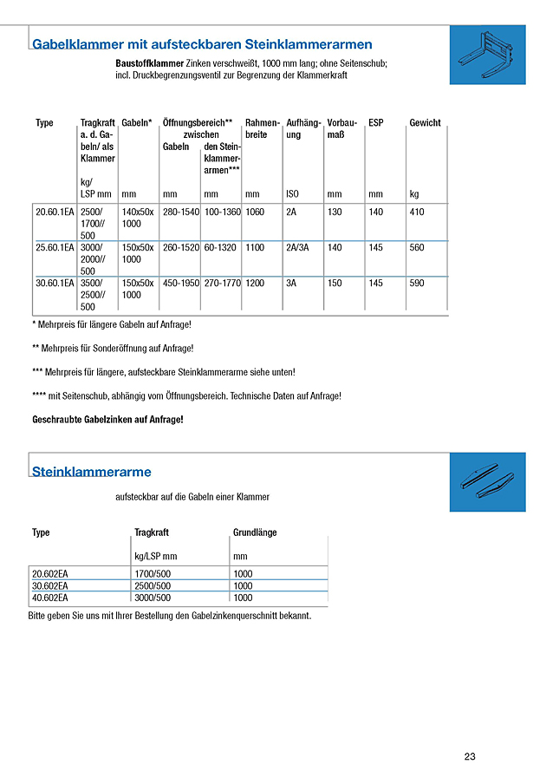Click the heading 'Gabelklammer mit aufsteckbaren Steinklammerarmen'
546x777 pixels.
pyautogui.click(x=202, y=44)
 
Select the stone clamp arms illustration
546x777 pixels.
pyautogui.click(x=488, y=483)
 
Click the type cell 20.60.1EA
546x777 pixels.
pyautogui.click(x=55, y=212)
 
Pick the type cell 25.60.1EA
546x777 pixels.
pyautogui.click(x=55, y=248)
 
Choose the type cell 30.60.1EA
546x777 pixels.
pyautogui.click(x=55, y=284)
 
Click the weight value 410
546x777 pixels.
pyautogui.click(x=417, y=212)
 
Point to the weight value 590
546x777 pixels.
pyautogui.click(x=417, y=284)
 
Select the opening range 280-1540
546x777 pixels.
pyautogui.click(x=180, y=212)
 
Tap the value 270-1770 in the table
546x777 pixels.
pyautogui.click(x=223, y=284)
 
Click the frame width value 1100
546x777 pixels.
pyautogui.click(x=255, y=248)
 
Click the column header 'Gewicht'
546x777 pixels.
pyautogui.click(x=425, y=123)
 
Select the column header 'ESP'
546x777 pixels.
pyautogui.click(x=375, y=123)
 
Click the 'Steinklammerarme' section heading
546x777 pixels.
pyautogui.click(x=91, y=473)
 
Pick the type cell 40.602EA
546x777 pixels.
pyautogui.click(x=50, y=597)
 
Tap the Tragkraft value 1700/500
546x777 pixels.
pyautogui.click(x=153, y=573)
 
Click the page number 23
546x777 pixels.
pyautogui.click(x=470, y=756)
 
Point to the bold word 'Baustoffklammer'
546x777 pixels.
pyautogui.click(x=149, y=64)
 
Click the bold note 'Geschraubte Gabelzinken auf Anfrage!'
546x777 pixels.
pyautogui.click(x=107, y=420)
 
